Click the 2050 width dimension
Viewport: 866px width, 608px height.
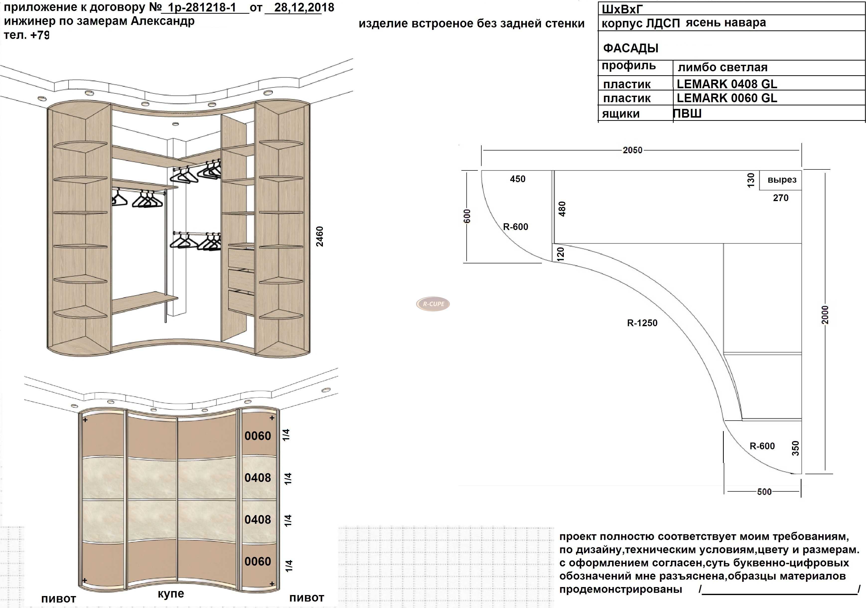[x=633, y=150]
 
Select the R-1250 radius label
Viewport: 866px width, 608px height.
[x=642, y=323]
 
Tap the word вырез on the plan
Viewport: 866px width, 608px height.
[x=782, y=180]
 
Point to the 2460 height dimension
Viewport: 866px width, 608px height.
[x=319, y=236]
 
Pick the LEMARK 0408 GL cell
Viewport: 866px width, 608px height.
[x=727, y=84]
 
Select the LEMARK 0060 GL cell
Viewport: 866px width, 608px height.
[x=727, y=98]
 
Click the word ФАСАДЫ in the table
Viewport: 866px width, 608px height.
[x=631, y=48]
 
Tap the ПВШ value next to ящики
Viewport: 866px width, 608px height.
[x=687, y=113]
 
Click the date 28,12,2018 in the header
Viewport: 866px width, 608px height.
[x=304, y=7]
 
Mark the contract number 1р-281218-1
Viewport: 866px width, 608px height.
[x=202, y=7]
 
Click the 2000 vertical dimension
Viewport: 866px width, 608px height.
[x=825, y=314]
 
